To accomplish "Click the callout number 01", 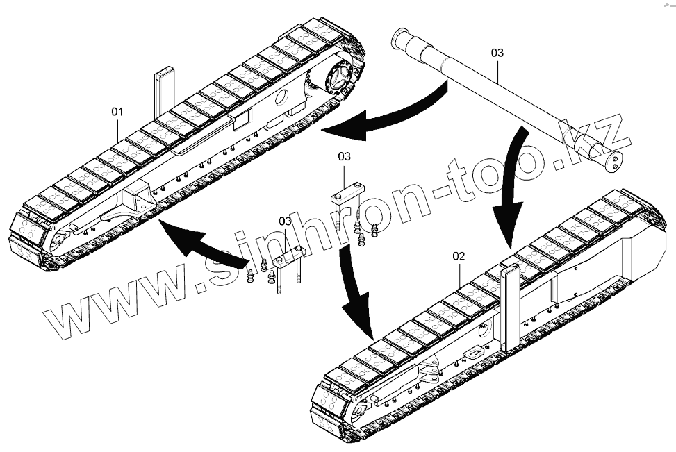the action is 117,111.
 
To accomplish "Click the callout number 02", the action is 459,256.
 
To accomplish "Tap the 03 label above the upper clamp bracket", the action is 345,157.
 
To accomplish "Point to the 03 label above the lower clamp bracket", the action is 285,221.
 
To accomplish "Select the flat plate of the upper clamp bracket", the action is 345,192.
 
